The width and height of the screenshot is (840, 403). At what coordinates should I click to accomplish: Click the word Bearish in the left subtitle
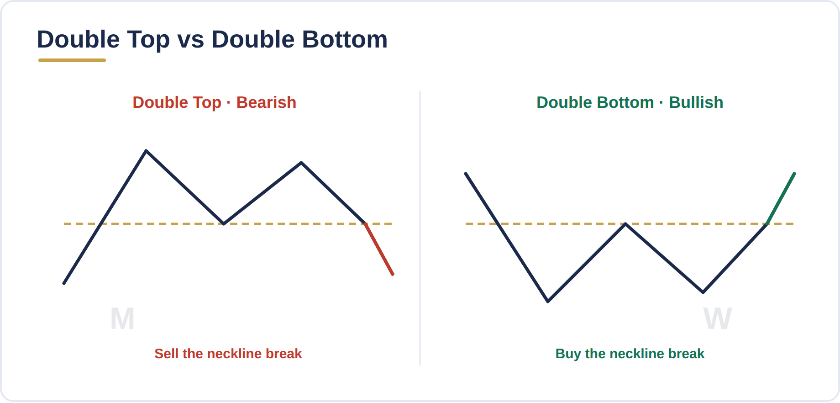click(266, 102)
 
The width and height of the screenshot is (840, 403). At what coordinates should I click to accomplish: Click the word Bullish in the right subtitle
click(696, 102)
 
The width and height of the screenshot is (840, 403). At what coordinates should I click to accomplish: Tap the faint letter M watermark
click(122, 318)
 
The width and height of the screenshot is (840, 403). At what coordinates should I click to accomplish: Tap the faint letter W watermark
click(718, 318)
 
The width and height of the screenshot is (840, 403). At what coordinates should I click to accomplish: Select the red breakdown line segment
click(379, 249)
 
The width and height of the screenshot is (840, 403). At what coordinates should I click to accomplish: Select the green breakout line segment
click(781, 199)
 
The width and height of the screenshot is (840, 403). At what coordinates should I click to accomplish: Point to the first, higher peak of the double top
click(146, 150)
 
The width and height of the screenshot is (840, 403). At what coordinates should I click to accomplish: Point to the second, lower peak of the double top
click(301, 162)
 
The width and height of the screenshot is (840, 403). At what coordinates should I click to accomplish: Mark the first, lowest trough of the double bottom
click(548, 302)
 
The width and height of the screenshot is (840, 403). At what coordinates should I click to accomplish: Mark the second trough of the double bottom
click(703, 292)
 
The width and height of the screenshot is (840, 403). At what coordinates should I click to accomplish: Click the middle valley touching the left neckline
click(224, 224)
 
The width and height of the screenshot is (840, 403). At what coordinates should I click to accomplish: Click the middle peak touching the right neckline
click(625, 224)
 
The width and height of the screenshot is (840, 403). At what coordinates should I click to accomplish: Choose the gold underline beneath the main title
click(72, 60)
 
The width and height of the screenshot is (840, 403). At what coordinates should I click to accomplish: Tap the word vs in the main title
click(191, 40)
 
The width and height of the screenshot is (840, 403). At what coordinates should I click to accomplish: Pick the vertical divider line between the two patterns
click(420, 228)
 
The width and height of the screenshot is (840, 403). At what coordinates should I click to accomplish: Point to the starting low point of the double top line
click(64, 283)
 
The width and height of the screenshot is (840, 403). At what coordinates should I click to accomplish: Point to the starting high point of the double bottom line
click(466, 174)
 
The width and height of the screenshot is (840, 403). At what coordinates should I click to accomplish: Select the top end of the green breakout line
click(794, 174)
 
